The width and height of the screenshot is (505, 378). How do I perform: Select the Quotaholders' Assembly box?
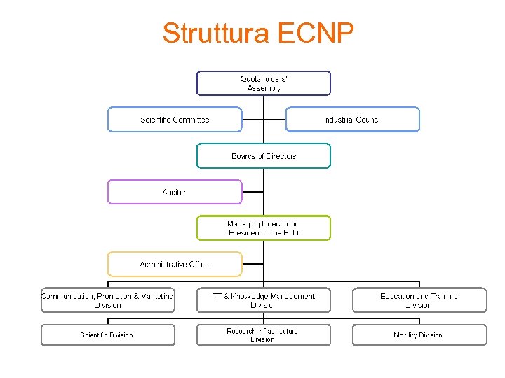click(x=263, y=83)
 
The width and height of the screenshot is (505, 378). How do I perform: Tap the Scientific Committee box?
click(x=174, y=120)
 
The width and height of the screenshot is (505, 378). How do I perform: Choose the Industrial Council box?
click(x=352, y=120)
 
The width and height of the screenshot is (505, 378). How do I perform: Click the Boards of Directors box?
click(x=263, y=156)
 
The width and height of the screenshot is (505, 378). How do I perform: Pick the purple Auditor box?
click(x=174, y=192)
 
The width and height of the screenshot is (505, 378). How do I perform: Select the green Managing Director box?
click(x=263, y=228)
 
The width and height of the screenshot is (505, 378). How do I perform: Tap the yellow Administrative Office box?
click(x=174, y=265)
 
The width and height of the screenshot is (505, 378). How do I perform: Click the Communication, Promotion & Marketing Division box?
click(x=107, y=300)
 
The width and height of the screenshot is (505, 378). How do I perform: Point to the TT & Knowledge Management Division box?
click(x=263, y=300)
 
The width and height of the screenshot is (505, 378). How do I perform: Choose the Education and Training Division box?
click(x=419, y=300)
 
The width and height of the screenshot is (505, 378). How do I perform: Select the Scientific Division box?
click(x=107, y=335)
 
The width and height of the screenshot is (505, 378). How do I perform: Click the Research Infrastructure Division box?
click(x=263, y=335)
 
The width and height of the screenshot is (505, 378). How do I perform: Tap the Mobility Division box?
click(x=419, y=335)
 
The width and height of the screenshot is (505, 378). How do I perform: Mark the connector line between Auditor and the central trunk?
click(x=252, y=192)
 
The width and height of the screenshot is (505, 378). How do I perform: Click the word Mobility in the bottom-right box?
click(x=406, y=335)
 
